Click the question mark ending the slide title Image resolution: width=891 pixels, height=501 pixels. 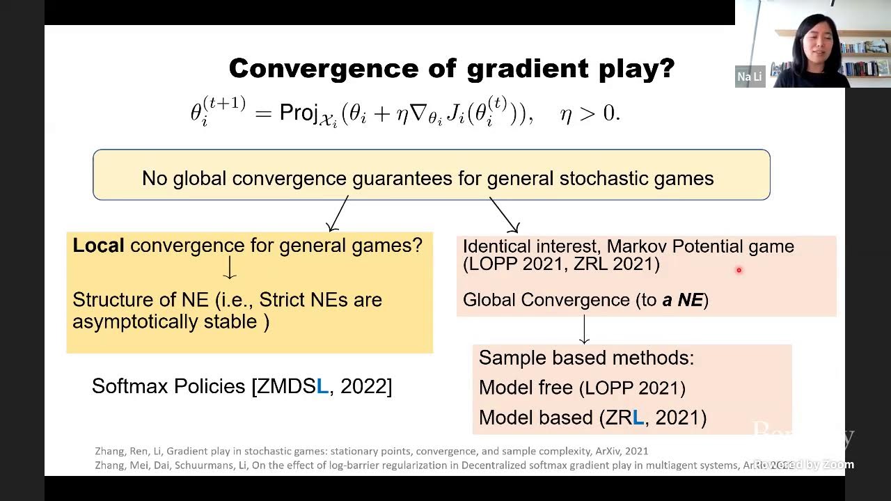coord(667,68)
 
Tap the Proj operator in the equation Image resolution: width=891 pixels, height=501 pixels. coord(299,113)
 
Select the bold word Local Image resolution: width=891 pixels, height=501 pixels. coord(98,246)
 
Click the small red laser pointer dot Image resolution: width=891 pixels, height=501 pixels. coord(739,271)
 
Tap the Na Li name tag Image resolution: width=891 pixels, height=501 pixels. coord(750,77)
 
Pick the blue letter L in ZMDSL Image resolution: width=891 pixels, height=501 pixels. coord(322,387)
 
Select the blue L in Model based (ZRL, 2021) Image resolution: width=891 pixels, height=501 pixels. coord(638,417)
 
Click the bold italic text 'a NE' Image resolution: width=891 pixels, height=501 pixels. coord(682,300)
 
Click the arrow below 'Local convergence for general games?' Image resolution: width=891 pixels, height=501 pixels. coord(230,268)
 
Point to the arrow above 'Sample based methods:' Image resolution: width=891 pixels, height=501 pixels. coord(584,329)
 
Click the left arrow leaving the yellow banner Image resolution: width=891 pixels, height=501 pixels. coord(338,214)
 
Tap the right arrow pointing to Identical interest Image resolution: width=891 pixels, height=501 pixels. coord(505,214)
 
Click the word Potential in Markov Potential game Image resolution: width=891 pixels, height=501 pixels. coord(707,246)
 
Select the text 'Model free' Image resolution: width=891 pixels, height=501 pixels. coord(526,388)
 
